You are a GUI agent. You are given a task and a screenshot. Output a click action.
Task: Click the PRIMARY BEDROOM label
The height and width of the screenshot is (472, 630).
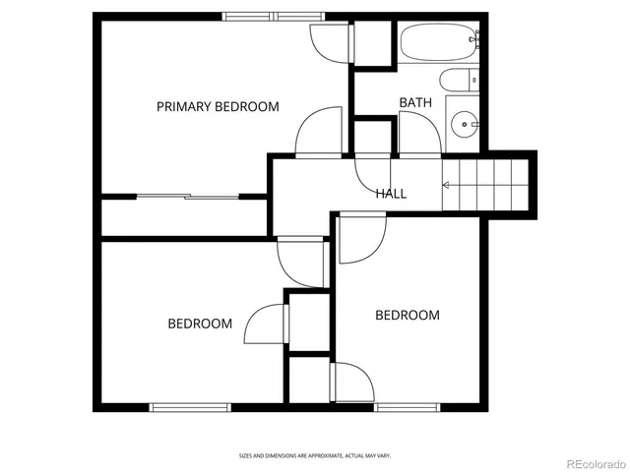(x=218, y=106)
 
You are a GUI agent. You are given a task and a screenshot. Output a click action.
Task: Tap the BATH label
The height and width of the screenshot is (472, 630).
(x=414, y=102)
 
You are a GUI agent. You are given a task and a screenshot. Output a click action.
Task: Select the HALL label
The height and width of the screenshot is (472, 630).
(x=391, y=194)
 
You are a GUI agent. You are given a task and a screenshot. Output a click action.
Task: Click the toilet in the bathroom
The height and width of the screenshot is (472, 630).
(x=458, y=81)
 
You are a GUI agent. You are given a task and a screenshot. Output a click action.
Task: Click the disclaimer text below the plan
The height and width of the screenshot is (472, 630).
(x=315, y=455)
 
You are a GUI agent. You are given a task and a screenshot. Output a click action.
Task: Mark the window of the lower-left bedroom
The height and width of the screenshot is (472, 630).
(x=190, y=407)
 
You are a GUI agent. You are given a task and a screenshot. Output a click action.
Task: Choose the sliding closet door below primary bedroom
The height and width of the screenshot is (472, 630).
(x=185, y=197)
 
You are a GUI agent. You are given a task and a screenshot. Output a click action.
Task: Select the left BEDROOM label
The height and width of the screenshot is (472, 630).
(x=200, y=324)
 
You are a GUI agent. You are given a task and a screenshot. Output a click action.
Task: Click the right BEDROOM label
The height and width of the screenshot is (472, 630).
(x=408, y=315)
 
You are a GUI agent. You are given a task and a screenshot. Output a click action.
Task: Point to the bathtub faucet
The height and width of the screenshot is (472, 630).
(x=475, y=40)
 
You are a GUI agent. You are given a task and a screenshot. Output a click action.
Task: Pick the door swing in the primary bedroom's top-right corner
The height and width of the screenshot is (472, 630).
(x=328, y=41)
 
